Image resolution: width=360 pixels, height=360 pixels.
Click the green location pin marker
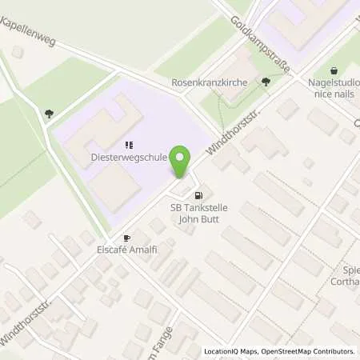(182, 162)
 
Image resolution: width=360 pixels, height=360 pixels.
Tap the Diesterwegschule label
(129, 158)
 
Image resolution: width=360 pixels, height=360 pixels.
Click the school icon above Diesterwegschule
(128, 146)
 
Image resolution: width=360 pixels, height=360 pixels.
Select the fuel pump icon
(199, 194)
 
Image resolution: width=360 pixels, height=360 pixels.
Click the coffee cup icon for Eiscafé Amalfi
(126, 238)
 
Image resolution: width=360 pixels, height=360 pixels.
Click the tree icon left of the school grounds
(50, 114)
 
